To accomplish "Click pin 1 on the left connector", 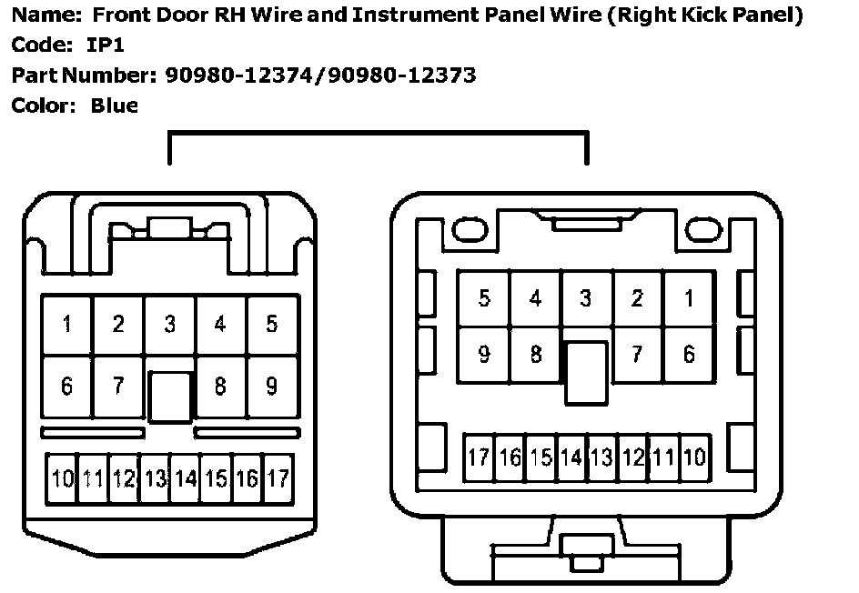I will click(67, 324).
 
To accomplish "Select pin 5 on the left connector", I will click(271, 324).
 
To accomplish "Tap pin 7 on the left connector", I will click(118, 387).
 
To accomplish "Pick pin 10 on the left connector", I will click(63, 477).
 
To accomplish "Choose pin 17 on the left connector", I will click(278, 477).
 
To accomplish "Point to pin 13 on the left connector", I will click(155, 477).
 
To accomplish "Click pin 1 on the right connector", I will click(689, 298).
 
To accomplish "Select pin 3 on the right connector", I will click(586, 298).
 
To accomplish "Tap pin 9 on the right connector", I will click(484, 354).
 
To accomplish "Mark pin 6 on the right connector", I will click(689, 354).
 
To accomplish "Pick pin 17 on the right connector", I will click(480, 457).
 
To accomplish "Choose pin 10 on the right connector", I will click(694, 457).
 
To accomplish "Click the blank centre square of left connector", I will click(170, 397).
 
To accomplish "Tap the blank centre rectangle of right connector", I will click(586, 373).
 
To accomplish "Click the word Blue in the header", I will click(115, 106).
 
